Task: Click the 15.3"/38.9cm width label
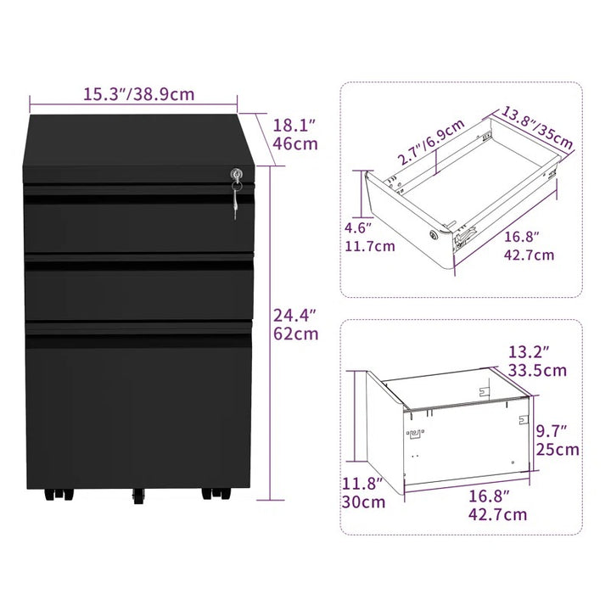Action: [137, 93]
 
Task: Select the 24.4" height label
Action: [294, 315]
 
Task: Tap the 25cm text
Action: [557, 450]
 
